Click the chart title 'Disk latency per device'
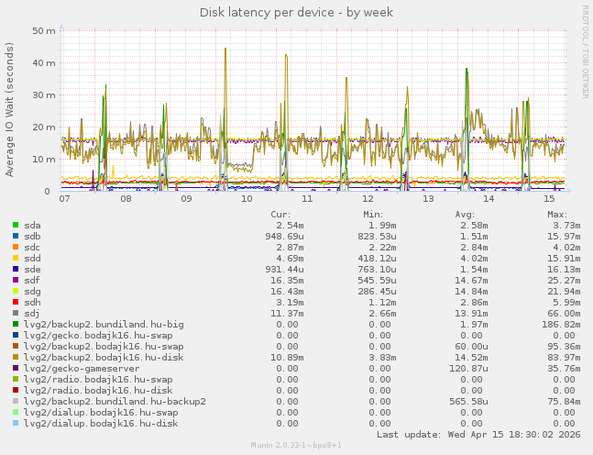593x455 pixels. point(296,12)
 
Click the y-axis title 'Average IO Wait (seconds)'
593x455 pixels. point(10,109)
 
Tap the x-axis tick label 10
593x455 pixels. point(247,198)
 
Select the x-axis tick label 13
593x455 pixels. point(428,198)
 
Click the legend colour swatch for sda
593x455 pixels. point(16,225)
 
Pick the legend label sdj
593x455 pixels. point(32,313)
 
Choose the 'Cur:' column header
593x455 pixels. point(281,214)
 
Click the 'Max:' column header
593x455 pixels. point(557,214)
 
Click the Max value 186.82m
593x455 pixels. point(557,324)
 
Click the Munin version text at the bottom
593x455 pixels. point(296,445)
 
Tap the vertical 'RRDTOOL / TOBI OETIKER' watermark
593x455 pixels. point(585,51)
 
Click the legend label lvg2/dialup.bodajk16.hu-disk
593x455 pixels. point(101,423)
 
